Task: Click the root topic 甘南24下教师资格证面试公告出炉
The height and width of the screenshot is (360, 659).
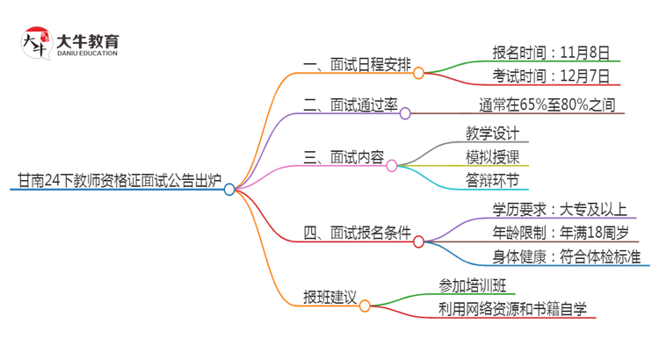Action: pyautogui.click(x=117, y=181)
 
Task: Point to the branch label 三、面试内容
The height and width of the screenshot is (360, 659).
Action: pyautogui.click(x=344, y=157)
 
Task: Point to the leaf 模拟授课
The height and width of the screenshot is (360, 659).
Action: pyautogui.click(x=493, y=157)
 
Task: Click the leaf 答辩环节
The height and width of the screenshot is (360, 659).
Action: pyautogui.click(x=493, y=181)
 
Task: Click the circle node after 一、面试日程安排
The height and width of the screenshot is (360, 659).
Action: pyautogui.click(x=419, y=73)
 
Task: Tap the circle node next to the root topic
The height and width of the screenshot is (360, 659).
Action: pyautogui.click(x=229, y=189)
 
